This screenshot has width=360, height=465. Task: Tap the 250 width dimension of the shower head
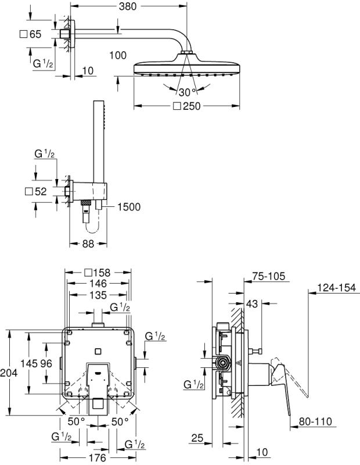point(189,106)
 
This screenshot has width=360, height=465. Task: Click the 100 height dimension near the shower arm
point(117,55)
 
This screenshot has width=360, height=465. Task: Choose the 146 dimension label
point(98,283)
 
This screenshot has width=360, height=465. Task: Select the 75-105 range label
point(269,277)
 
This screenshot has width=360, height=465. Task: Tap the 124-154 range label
point(338,287)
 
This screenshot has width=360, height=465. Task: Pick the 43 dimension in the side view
point(251,303)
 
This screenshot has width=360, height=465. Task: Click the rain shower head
point(186,67)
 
